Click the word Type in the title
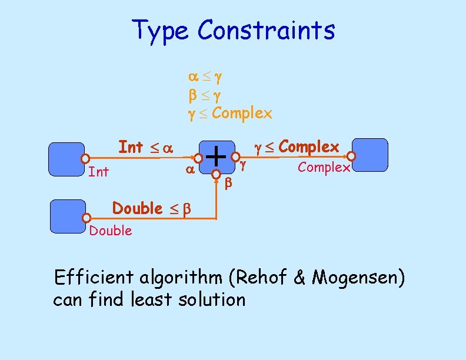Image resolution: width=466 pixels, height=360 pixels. pos(161,30)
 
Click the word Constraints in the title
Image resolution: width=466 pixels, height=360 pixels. pos(267,30)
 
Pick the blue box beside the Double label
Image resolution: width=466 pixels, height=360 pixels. pos(68,216)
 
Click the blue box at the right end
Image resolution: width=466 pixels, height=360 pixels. pos(370,155)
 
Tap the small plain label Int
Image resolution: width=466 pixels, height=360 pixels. pos(98,172)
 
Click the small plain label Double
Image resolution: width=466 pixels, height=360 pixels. pos(111,231)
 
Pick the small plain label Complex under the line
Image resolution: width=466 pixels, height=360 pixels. pos(324,167)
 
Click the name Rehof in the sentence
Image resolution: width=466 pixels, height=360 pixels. pos(261,277)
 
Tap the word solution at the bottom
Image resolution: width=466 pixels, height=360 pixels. pos(209,299)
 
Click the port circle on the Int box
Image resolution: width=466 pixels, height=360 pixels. pos(85,158)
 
